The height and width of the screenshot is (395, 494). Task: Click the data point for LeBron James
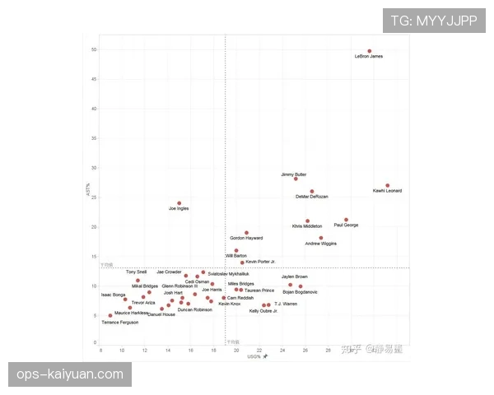[370, 51]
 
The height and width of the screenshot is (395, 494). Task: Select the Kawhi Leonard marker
[388, 185]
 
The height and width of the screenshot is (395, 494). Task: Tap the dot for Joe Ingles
[179, 203]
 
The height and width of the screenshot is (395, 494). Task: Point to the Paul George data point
[347, 220]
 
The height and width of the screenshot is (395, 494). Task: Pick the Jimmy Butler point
[296, 179]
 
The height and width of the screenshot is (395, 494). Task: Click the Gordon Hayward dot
[246, 233]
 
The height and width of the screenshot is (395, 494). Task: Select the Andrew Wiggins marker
[321, 238]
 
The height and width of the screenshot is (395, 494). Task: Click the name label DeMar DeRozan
[312, 197]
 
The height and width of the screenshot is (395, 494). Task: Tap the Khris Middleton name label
[307, 226]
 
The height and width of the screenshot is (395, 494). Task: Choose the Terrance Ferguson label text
[120, 323]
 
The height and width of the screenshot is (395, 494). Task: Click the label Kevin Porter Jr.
[260, 262]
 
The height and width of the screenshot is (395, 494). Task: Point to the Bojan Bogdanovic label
[300, 292]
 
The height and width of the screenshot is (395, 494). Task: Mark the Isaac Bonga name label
[114, 295]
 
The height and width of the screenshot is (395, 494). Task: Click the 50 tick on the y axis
[95, 49]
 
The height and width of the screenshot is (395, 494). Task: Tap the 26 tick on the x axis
[305, 350]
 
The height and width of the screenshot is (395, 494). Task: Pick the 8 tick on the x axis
[100, 350]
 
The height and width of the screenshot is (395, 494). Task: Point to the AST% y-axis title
[87, 189]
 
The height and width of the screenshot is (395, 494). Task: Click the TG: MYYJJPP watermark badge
[433, 21]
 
